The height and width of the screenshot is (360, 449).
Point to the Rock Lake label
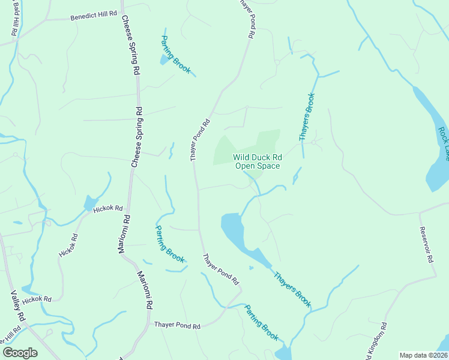click(x=443, y=143)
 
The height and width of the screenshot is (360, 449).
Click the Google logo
click(x=20, y=352)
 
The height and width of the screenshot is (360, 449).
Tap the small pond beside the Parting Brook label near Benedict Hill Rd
click(x=164, y=59)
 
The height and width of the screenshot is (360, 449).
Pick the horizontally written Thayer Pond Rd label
click(x=176, y=325)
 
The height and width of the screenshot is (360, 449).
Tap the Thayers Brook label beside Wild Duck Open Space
click(x=307, y=117)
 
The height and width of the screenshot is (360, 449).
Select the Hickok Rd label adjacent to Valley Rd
click(x=37, y=299)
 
